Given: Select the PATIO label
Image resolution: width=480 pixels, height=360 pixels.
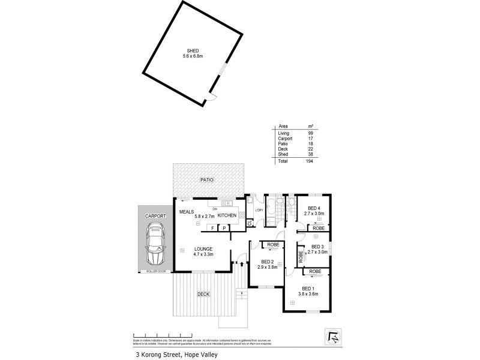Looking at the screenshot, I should click(x=208, y=180).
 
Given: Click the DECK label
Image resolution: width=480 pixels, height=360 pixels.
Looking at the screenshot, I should click(x=203, y=293).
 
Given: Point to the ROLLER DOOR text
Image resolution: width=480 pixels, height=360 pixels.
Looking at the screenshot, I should click(x=155, y=271).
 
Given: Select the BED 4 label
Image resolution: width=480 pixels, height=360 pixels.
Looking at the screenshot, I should click(x=314, y=208).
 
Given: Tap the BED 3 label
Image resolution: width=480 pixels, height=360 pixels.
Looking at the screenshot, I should click(x=318, y=247).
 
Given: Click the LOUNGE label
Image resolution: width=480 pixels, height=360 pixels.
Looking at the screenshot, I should click(x=203, y=249).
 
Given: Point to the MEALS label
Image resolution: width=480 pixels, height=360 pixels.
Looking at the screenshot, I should click(x=187, y=212).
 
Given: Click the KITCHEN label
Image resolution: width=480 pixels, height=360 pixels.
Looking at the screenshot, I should click(x=227, y=215).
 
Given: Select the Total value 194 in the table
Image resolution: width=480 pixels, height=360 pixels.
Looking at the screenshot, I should click(x=310, y=161).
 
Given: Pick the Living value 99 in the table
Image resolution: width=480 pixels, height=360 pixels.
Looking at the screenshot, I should click(x=310, y=133).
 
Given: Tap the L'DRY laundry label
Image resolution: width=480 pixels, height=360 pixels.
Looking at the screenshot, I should click(x=259, y=210).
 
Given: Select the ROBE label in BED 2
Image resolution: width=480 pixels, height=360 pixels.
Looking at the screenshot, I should click(x=272, y=245).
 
